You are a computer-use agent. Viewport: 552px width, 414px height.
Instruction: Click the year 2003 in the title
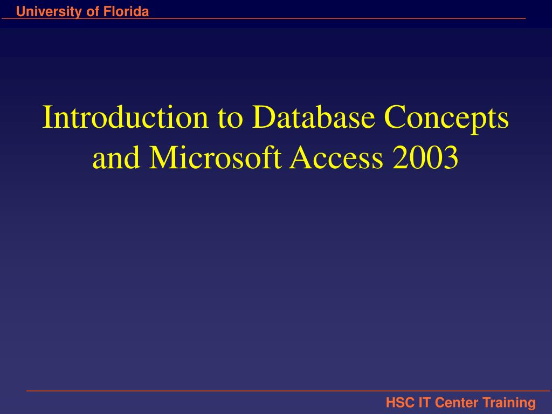coord(426,158)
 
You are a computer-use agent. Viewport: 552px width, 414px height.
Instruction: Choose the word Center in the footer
coord(457,402)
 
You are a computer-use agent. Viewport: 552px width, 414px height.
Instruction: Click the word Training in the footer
coord(509,402)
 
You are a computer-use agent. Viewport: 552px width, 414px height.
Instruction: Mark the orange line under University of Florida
coord(264,19)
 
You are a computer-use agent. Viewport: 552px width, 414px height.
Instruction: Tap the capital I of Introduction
coord(47,118)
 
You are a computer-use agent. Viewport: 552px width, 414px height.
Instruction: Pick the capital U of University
coord(20,12)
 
